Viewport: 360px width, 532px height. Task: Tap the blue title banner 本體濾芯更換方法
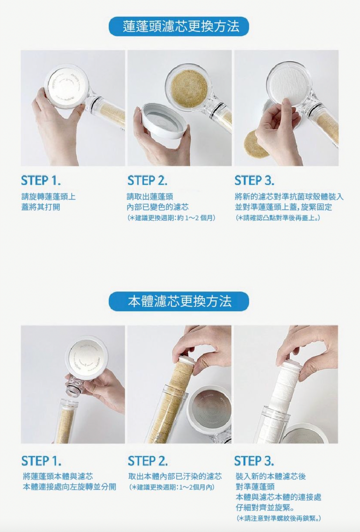pyautogui.click(x=179, y=301)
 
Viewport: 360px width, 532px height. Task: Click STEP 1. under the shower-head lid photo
pyautogui.click(x=41, y=181)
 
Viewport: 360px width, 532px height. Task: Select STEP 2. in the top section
pyautogui.click(x=147, y=181)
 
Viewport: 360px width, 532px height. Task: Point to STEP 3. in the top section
pyautogui.click(x=254, y=181)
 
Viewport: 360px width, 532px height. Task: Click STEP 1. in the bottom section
pyautogui.click(x=41, y=461)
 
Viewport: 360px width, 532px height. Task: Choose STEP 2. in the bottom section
pyautogui.click(x=148, y=461)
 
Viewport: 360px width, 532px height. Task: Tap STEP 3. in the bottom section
pyautogui.click(x=254, y=461)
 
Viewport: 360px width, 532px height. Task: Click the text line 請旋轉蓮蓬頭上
pyautogui.click(x=49, y=197)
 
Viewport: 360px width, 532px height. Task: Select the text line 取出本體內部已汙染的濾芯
pyautogui.click(x=175, y=476)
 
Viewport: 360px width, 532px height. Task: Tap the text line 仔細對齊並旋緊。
pyautogui.click(x=266, y=508)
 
